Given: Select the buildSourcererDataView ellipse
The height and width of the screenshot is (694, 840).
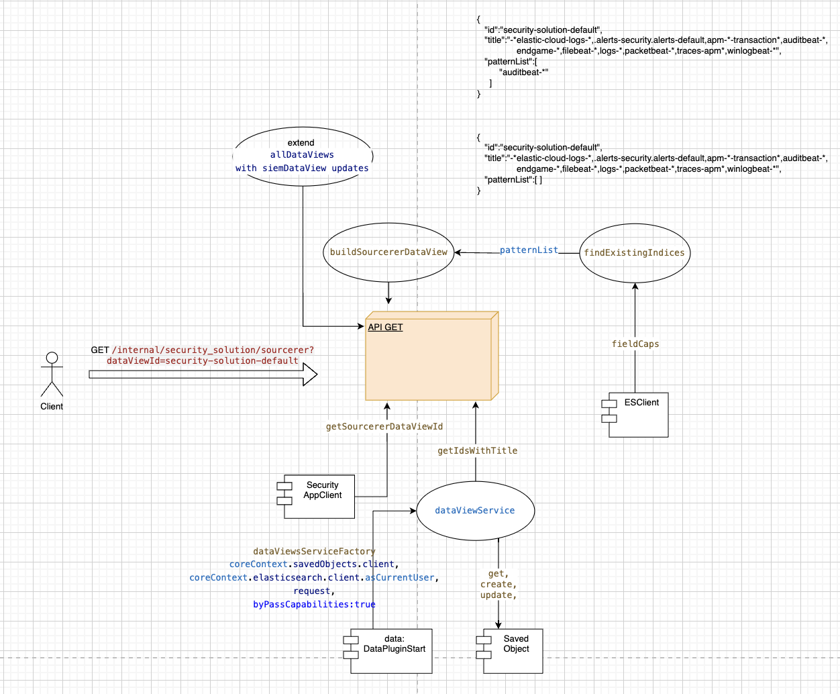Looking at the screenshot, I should click(388, 252).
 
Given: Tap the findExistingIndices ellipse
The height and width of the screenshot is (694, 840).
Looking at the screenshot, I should click(634, 253).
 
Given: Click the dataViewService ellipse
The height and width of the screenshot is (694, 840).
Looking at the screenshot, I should click(475, 511).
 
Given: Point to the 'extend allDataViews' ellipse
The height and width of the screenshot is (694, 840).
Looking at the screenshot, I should click(302, 156).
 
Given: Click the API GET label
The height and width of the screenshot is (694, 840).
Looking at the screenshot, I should click(385, 328).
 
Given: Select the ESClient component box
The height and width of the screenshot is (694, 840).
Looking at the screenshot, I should click(637, 414).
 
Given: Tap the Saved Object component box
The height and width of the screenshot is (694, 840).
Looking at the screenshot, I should click(512, 650).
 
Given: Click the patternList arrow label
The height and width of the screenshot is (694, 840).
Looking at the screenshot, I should click(529, 250).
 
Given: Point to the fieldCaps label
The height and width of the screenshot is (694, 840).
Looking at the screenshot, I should click(635, 344).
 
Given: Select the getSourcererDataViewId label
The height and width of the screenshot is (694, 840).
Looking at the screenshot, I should click(384, 427).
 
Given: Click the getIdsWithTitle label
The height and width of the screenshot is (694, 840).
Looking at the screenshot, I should click(477, 451).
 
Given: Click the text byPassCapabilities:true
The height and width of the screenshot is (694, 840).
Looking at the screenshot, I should click(314, 605).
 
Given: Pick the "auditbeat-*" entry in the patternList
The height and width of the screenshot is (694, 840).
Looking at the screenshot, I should click(524, 72).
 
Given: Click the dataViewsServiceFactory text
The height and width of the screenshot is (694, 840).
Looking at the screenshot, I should click(314, 551).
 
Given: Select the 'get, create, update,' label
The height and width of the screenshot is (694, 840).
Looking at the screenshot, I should click(498, 585).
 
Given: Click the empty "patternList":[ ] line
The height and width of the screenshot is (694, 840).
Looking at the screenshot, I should click(513, 180).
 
